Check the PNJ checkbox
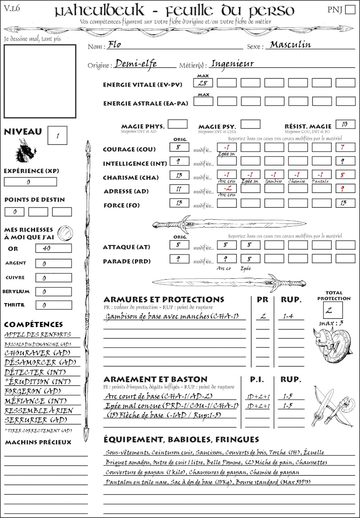tap(349, 9)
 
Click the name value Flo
tap(115, 45)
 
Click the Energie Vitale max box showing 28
tap(203, 83)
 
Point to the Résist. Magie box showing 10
tap(345, 124)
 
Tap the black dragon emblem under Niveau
tap(26, 151)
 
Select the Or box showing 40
tap(53, 248)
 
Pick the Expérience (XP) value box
tap(31, 182)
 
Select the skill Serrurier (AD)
tap(35, 420)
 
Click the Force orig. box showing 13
tap(179, 203)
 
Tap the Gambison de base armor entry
tap(175, 317)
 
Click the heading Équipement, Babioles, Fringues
tap(181, 439)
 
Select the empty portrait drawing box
tap(40, 80)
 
